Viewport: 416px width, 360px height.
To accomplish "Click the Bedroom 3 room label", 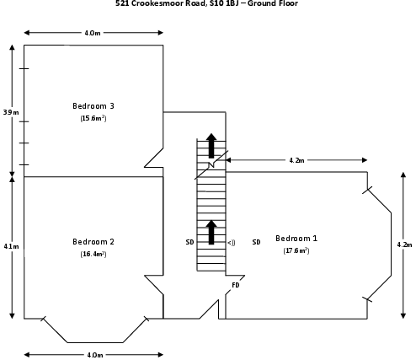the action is click(93, 106).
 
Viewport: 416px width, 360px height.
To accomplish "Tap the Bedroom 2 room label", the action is click(93, 242).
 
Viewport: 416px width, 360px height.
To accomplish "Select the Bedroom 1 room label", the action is click(296, 239).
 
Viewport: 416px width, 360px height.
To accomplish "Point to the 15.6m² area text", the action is click(93, 118).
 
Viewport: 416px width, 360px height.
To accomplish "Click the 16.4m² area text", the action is click(93, 254).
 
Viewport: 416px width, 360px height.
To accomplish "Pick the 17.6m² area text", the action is click(296, 250).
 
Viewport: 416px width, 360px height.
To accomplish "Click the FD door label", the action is click(236, 285).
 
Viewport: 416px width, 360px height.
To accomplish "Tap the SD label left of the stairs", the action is click(189, 242).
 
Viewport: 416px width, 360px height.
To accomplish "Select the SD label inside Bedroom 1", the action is click(256, 242).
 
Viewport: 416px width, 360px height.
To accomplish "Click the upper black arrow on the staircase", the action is click(211, 146).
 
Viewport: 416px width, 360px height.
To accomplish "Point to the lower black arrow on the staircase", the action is click(211, 232).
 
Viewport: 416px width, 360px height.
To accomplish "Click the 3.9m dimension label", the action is click(11, 112).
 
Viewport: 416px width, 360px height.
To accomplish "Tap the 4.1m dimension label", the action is click(11, 246).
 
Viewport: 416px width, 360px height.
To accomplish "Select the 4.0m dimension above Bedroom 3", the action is click(93, 33).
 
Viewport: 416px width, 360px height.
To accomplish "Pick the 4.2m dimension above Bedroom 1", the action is click(296, 160).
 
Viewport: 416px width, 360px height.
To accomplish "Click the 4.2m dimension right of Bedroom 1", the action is click(404, 244).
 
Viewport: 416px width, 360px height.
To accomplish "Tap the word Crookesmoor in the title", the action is click(168, 3).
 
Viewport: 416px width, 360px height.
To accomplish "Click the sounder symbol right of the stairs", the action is click(232, 243).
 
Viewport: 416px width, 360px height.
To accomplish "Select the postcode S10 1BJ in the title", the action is click(224, 3).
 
